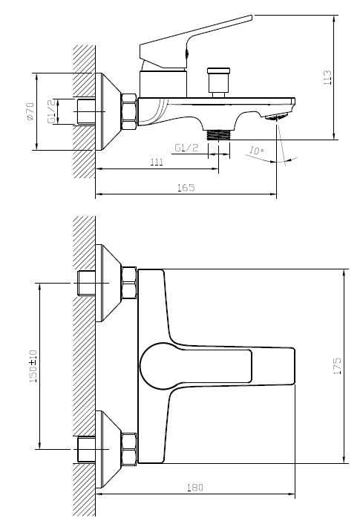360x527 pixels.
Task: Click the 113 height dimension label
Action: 327,77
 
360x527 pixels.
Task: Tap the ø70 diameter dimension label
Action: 30,111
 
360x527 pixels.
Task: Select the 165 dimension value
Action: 186,188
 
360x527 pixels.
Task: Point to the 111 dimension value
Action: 157,162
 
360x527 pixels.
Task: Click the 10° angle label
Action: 257,151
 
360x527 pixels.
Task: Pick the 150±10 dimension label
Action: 33,366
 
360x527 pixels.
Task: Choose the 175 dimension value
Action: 337,366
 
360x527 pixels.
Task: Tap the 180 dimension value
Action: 195,488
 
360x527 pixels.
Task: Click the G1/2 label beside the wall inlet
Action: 51,111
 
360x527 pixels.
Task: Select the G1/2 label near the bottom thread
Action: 186,148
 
